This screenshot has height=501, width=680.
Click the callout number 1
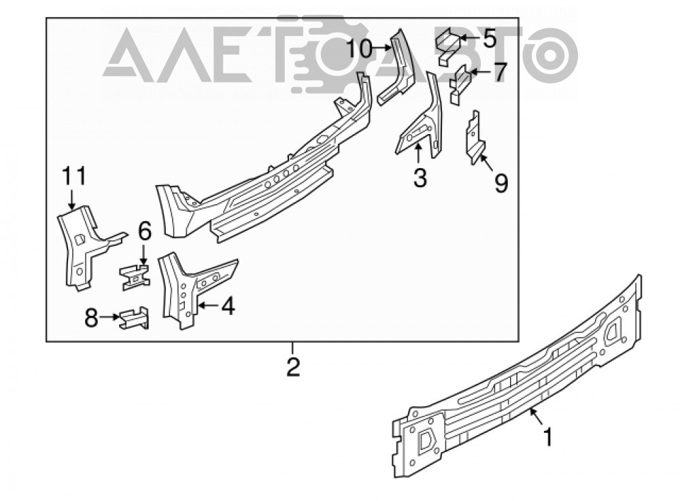click(549, 436)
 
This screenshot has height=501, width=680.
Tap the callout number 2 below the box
click(293, 367)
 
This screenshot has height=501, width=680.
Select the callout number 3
click(420, 178)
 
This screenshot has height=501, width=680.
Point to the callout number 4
click(228, 306)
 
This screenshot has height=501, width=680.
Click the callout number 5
click(489, 39)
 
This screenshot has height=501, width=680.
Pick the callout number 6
click(144, 231)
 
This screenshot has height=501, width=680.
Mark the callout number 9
click(501, 184)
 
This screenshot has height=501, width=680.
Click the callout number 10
click(360, 49)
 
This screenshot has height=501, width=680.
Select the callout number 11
click(74, 176)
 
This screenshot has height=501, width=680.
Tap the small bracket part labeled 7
click(460, 84)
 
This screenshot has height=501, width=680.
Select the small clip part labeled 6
click(135, 277)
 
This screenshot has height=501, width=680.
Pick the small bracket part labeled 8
click(134, 318)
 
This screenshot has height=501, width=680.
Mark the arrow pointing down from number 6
click(144, 253)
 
